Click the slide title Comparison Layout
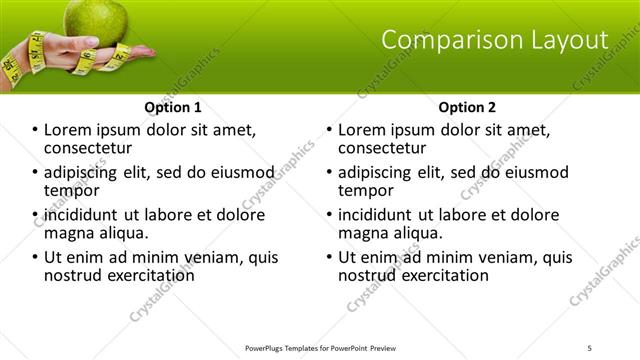(x=495, y=40)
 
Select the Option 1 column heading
(x=173, y=107)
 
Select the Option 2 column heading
(x=467, y=107)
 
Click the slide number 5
(x=591, y=347)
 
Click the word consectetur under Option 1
(x=87, y=148)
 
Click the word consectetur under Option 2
(x=381, y=148)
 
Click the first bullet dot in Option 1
(x=35, y=130)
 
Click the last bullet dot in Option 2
(x=329, y=257)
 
